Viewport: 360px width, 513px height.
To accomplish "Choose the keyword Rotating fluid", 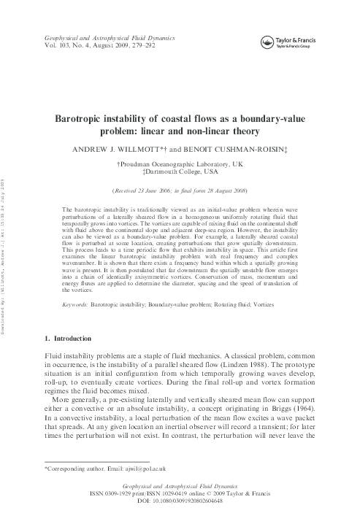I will [255, 321].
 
